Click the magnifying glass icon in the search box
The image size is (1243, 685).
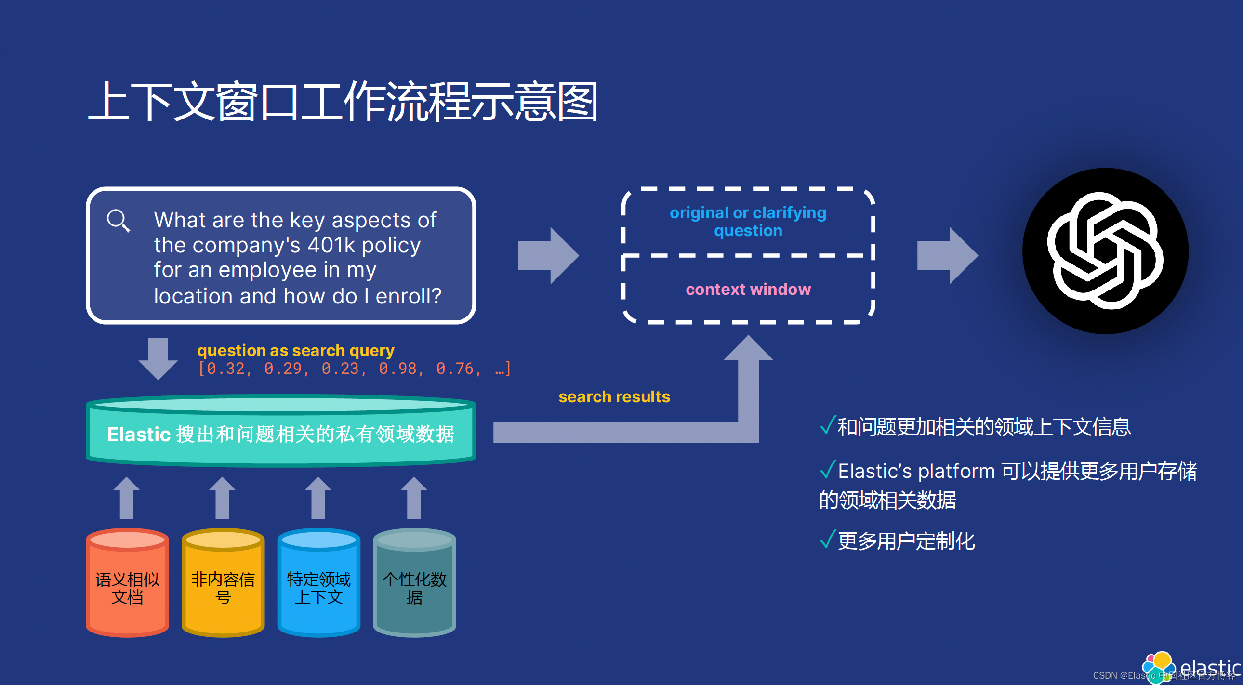[118, 221]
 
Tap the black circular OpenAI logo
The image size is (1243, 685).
[1105, 251]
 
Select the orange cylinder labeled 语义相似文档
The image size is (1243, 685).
[127, 584]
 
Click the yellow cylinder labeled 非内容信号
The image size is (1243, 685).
[223, 584]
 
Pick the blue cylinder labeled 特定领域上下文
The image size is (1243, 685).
[318, 584]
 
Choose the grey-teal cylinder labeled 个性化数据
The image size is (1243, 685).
[414, 584]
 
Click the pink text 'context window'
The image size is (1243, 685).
[748, 290]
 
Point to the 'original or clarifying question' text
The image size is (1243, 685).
[748, 222]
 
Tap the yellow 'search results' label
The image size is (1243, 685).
[614, 396]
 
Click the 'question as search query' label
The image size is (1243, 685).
[295, 350]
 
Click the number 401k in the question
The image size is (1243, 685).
[331, 246]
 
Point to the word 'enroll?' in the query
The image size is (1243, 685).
[408, 296]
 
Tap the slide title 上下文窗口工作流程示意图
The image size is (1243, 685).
[343, 101]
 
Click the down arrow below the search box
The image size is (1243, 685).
[159, 358]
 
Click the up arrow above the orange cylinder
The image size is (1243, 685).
[126, 498]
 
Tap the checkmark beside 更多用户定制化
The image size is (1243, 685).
[827, 540]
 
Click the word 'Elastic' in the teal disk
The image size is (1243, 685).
[139, 435]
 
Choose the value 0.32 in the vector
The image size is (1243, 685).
[225, 369]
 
